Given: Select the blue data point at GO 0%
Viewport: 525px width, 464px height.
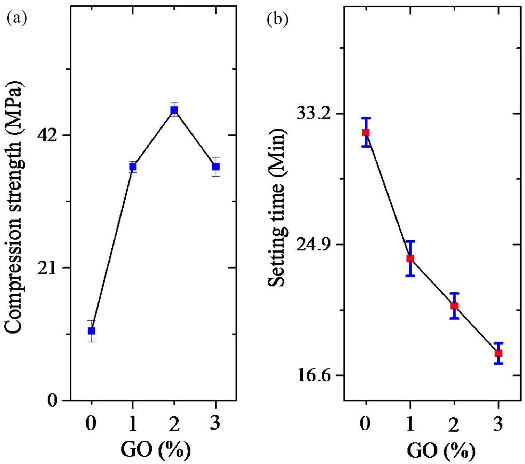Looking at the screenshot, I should (91, 331).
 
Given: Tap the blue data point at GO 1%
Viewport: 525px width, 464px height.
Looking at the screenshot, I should (133, 167).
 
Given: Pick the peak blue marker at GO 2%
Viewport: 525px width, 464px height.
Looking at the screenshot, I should (174, 110).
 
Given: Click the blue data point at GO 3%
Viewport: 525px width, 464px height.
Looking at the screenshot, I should (216, 167).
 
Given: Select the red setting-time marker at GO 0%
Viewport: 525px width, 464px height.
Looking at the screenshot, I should (366, 132).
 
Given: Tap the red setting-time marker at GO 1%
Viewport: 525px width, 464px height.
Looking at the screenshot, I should (410, 258).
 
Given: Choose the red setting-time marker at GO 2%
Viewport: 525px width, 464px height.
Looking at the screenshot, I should (454, 306).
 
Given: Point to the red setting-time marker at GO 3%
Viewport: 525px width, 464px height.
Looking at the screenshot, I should (499, 353).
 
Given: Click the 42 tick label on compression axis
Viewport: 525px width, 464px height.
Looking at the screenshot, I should (46, 136).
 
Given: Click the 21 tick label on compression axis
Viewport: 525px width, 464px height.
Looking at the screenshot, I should (46, 268).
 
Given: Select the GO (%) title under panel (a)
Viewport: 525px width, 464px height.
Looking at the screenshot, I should (156, 450).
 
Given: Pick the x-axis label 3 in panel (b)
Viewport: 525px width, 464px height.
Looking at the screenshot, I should (499, 424).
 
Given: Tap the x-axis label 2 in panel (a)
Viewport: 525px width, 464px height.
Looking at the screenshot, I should (174, 424).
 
